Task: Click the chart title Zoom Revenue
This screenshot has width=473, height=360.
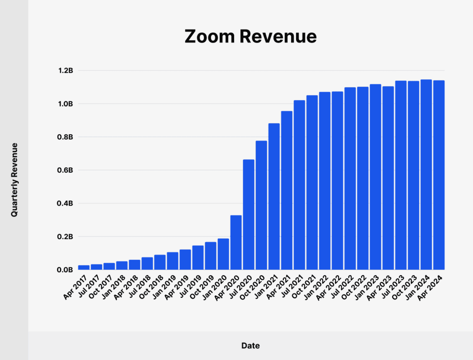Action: tap(250, 37)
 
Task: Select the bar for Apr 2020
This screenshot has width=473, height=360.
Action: tap(236, 242)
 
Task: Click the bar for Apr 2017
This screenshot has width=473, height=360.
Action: tap(84, 267)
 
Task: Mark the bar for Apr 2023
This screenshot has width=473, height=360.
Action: tap(388, 178)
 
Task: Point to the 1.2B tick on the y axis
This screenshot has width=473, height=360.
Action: tap(65, 71)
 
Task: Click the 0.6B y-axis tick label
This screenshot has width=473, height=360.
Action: tap(65, 170)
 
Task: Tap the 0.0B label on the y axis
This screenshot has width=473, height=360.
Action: tap(65, 270)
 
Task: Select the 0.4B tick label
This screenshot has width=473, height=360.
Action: tap(65, 203)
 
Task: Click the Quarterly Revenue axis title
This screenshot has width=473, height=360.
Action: tap(14, 180)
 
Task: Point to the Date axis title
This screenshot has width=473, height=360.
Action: tap(250, 346)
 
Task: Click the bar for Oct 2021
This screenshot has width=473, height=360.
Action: tap(312, 182)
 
